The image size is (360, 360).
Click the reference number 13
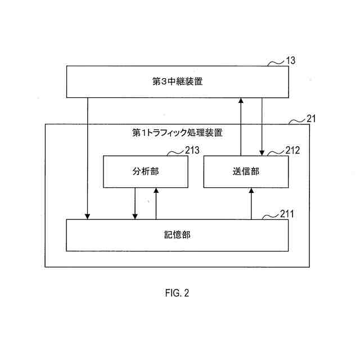coord(291,60)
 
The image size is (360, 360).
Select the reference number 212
coord(292,150)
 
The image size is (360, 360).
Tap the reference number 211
coord(287,214)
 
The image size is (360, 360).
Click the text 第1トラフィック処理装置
coord(177,133)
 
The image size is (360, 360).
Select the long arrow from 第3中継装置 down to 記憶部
coord(87,157)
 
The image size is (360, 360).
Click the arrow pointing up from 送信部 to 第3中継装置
coord(241,126)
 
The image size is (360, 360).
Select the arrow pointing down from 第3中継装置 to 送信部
coord(262,126)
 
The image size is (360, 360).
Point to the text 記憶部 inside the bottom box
coord(177,235)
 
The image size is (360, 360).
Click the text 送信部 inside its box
coord(245,172)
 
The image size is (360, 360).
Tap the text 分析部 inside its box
coord(146,172)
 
